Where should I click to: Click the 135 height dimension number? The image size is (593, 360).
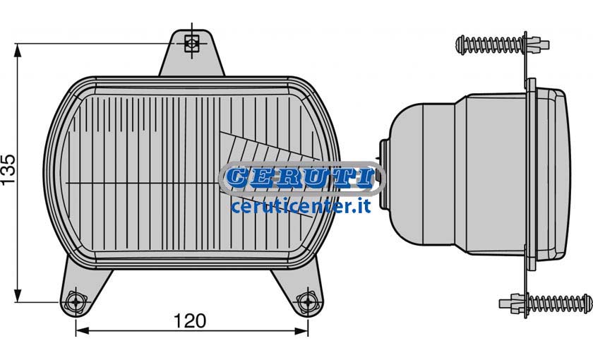(x=8, y=169)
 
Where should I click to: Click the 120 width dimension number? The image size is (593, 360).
(x=190, y=321)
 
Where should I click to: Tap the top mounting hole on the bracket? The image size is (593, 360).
(x=191, y=43)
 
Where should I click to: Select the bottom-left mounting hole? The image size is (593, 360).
(x=76, y=302)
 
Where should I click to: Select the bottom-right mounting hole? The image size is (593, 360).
(x=308, y=302)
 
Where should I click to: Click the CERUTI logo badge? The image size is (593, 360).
(x=302, y=179)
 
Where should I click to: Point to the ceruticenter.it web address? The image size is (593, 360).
(x=301, y=206)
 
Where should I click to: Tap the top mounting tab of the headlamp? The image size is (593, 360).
(x=192, y=54)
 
